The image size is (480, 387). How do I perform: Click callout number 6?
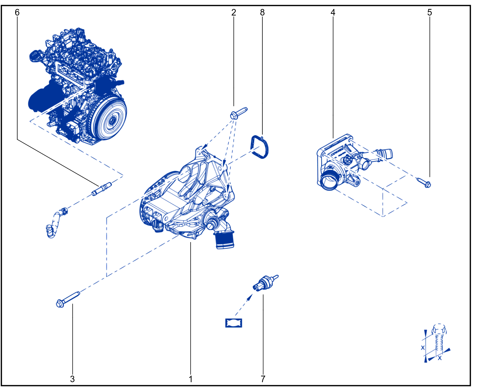(x=17, y=12)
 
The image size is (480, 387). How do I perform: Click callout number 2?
(x=234, y=12)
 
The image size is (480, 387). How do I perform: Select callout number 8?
(x=262, y=12)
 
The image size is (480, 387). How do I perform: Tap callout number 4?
(x=333, y=12)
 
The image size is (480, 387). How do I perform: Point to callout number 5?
(x=430, y=12)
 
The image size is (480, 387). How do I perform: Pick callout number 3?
(x=72, y=379)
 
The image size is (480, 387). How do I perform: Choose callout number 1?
(x=191, y=379)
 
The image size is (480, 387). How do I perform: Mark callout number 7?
(x=263, y=379)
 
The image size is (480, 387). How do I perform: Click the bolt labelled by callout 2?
(x=238, y=113)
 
